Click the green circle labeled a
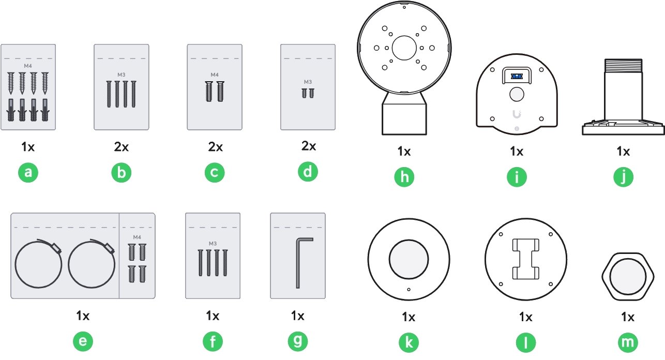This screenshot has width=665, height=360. (x=28, y=172)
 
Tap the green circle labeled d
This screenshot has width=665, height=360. (x=308, y=171)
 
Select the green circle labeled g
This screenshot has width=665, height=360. (x=298, y=341)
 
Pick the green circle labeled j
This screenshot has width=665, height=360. (x=624, y=177)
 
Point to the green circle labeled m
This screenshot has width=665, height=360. (x=628, y=342)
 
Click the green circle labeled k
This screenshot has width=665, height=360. (x=409, y=342)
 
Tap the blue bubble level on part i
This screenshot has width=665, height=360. (x=517, y=77)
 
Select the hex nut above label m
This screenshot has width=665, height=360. (x=628, y=277)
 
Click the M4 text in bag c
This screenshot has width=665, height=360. (x=215, y=74)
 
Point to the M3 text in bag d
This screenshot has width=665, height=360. (x=308, y=82)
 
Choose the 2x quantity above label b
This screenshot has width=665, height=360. (x=122, y=147)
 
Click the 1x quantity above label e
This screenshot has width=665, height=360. (x=83, y=316)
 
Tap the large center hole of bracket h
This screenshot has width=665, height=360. (x=404, y=48)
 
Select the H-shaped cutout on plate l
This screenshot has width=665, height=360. (x=526, y=259)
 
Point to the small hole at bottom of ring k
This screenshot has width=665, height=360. (x=409, y=289)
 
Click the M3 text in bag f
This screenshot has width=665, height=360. (x=213, y=244)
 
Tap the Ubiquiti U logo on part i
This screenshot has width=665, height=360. (x=517, y=114)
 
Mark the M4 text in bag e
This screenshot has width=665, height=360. (x=137, y=237)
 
